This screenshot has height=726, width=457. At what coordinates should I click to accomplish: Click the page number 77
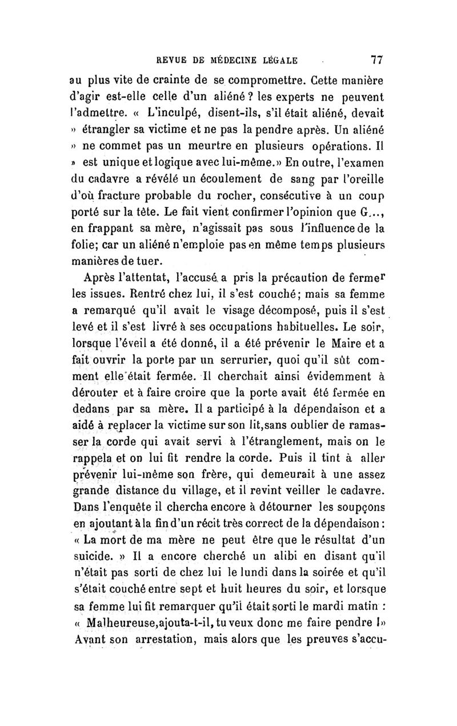[376, 59]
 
